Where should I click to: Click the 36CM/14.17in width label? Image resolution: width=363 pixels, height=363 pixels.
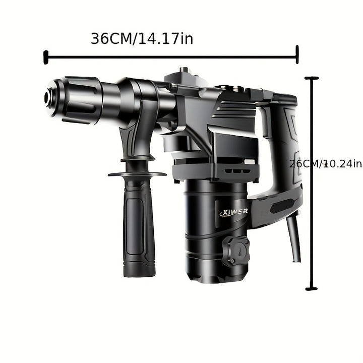pos(142,39)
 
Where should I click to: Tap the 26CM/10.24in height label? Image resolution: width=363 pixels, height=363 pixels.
pos(326,164)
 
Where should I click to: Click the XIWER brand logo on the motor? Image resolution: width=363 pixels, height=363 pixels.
pos(233,212)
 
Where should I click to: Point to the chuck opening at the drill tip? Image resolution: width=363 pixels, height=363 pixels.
pos(48,98)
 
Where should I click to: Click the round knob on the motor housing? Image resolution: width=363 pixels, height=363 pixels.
pos(236,252)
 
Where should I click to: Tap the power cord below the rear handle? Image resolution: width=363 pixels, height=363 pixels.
pos(294,238)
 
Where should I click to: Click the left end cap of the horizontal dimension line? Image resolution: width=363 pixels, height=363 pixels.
pos(46,57)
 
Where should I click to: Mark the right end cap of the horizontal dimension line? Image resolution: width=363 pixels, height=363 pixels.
pos(297,54)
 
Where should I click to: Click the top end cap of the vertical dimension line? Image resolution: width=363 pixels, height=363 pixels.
pos(312,78)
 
